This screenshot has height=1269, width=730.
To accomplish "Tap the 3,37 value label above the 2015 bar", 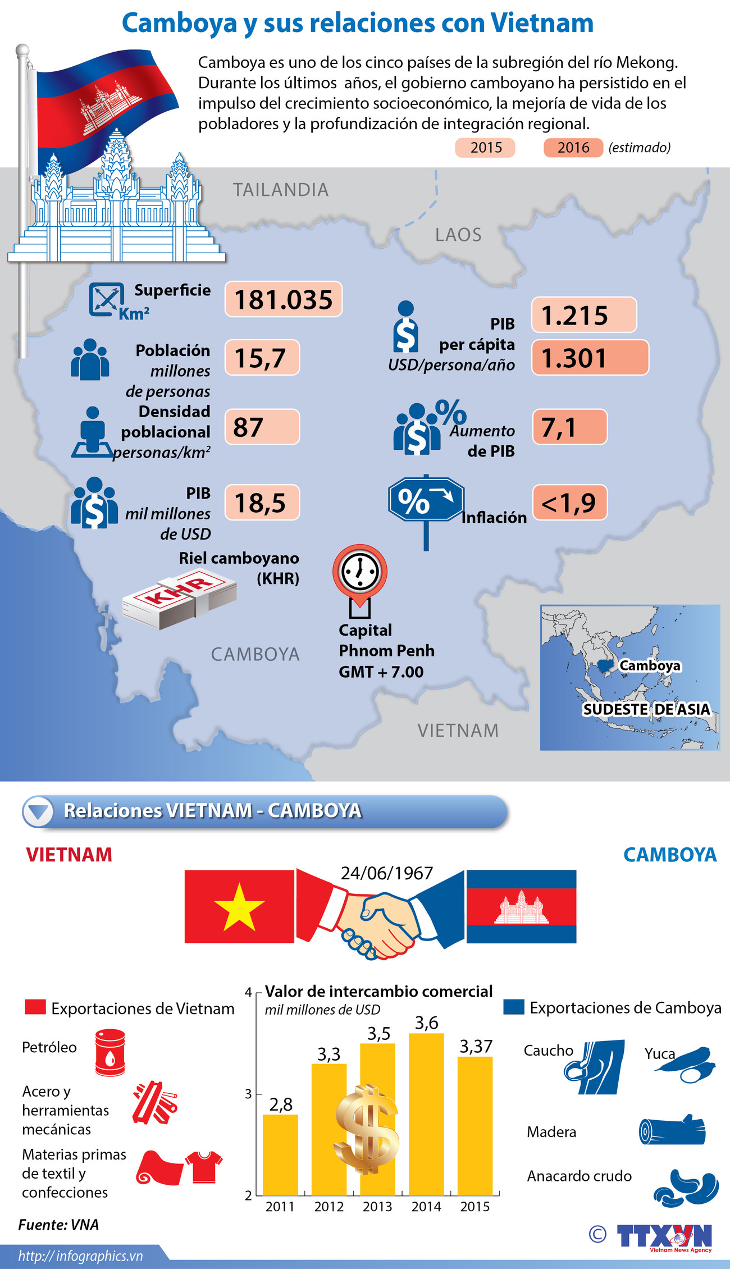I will (x=476, y=1047).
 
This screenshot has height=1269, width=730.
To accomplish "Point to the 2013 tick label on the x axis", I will (x=377, y=1207).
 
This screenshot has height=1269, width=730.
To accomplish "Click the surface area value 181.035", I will (x=284, y=299).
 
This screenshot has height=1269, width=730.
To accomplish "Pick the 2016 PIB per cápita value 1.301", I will (x=590, y=358).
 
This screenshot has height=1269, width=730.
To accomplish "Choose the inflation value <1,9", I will (x=569, y=503).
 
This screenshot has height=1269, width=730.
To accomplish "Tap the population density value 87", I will (x=262, y=427).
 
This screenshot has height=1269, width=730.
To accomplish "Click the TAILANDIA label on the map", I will (x=281, y=190).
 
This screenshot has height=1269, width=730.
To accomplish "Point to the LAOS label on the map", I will (x=458, y=235).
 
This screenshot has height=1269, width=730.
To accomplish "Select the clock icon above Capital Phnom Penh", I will (x=359, y=571).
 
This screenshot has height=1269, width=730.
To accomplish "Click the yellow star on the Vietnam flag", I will (x=239, y=906).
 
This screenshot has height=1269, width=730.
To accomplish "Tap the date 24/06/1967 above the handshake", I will (x=387, y=873).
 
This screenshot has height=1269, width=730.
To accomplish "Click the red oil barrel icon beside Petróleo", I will (x=110, y=1052).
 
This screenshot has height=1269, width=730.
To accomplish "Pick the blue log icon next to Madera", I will (x=672, y=1130).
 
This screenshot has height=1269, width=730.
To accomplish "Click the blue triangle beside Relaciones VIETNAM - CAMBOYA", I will (x=39, y=811).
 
